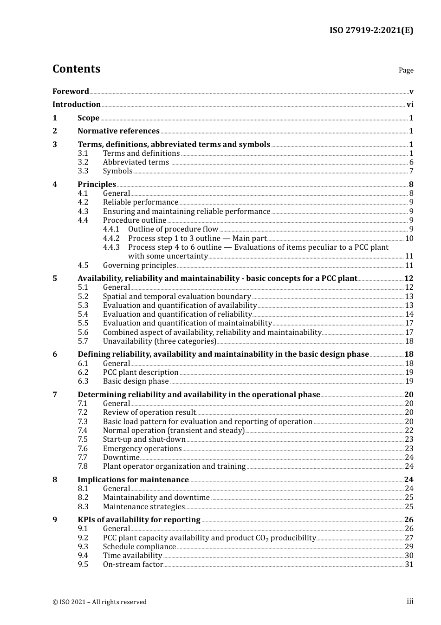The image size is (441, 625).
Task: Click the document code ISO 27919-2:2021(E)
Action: (371, 30)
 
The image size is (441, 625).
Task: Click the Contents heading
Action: (76, 69)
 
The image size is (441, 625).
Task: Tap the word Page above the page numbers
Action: (406, 70)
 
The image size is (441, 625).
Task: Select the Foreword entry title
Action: (71, 91)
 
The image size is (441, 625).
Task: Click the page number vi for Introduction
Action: (409, 105)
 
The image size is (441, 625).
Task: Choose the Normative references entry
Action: (118, 131)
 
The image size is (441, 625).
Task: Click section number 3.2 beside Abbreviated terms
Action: (83, 162)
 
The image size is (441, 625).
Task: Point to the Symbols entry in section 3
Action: (117, 171)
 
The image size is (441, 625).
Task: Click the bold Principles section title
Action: (97, 185)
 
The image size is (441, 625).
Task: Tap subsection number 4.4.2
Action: (111, 239)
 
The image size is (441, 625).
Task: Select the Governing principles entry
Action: (139, 266)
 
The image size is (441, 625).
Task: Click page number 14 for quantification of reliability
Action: (409, 314)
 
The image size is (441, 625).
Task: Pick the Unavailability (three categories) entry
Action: (159, 341)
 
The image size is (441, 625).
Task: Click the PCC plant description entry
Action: (141, 372)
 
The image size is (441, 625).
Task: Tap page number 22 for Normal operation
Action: (409, 431)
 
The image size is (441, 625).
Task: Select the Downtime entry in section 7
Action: (121, 458)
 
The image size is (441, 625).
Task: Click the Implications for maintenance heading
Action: (133, 480)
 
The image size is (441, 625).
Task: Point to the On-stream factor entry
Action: (133, 565)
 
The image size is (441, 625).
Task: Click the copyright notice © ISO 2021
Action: (99, 602)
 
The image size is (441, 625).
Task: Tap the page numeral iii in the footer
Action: (410, 601)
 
